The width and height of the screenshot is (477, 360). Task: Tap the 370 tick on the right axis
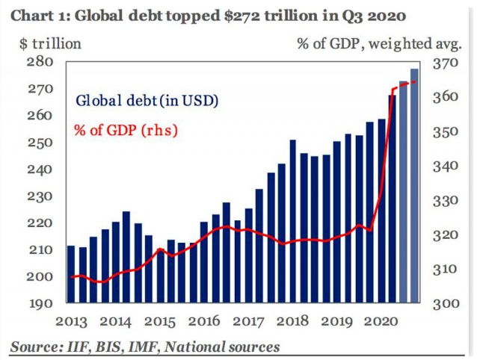pyautogui.click(x=445, y=63)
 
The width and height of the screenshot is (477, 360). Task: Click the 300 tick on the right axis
pyautogui.click(x=445, y=304)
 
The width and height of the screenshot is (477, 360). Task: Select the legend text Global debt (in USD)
pyautogui.click(x=146, y=100)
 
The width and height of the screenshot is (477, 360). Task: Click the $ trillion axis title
pyautogui.click(x=49, y=43)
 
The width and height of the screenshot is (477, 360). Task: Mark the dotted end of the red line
pyautogui.click(x=416, y=82)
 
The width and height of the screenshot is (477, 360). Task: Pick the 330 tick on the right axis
pyautogui.click(x=445, y=201)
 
